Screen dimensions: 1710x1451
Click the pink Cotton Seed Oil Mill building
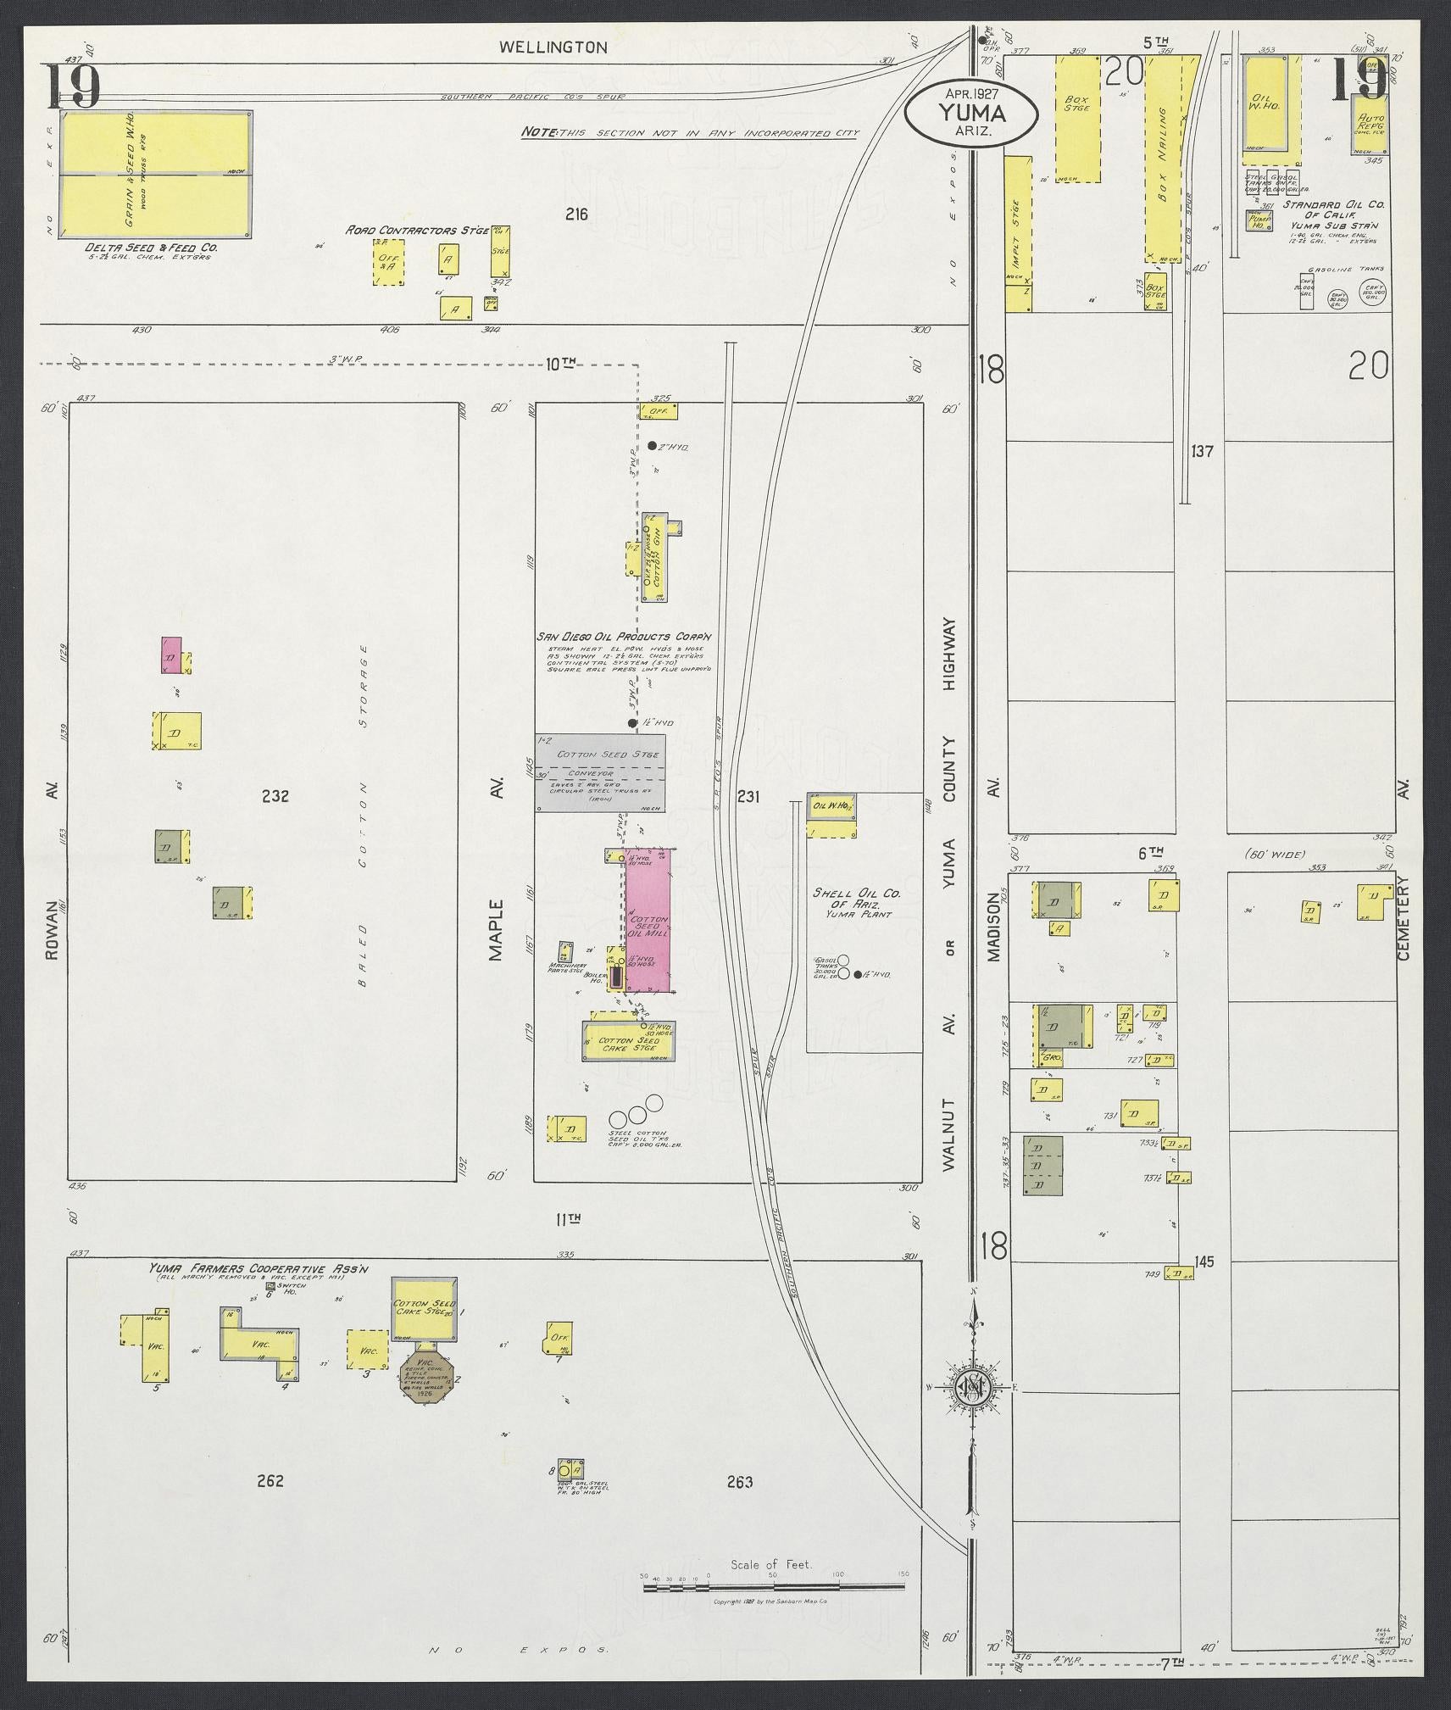tap(648, 919)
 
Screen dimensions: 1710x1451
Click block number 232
tap(275, 796)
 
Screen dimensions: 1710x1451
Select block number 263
tap(739, 1482)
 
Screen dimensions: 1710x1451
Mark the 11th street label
tap(567, 1219)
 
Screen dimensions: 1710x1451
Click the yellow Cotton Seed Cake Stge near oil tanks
tap(629, 1041)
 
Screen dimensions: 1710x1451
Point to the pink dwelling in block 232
tap(172, 655)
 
